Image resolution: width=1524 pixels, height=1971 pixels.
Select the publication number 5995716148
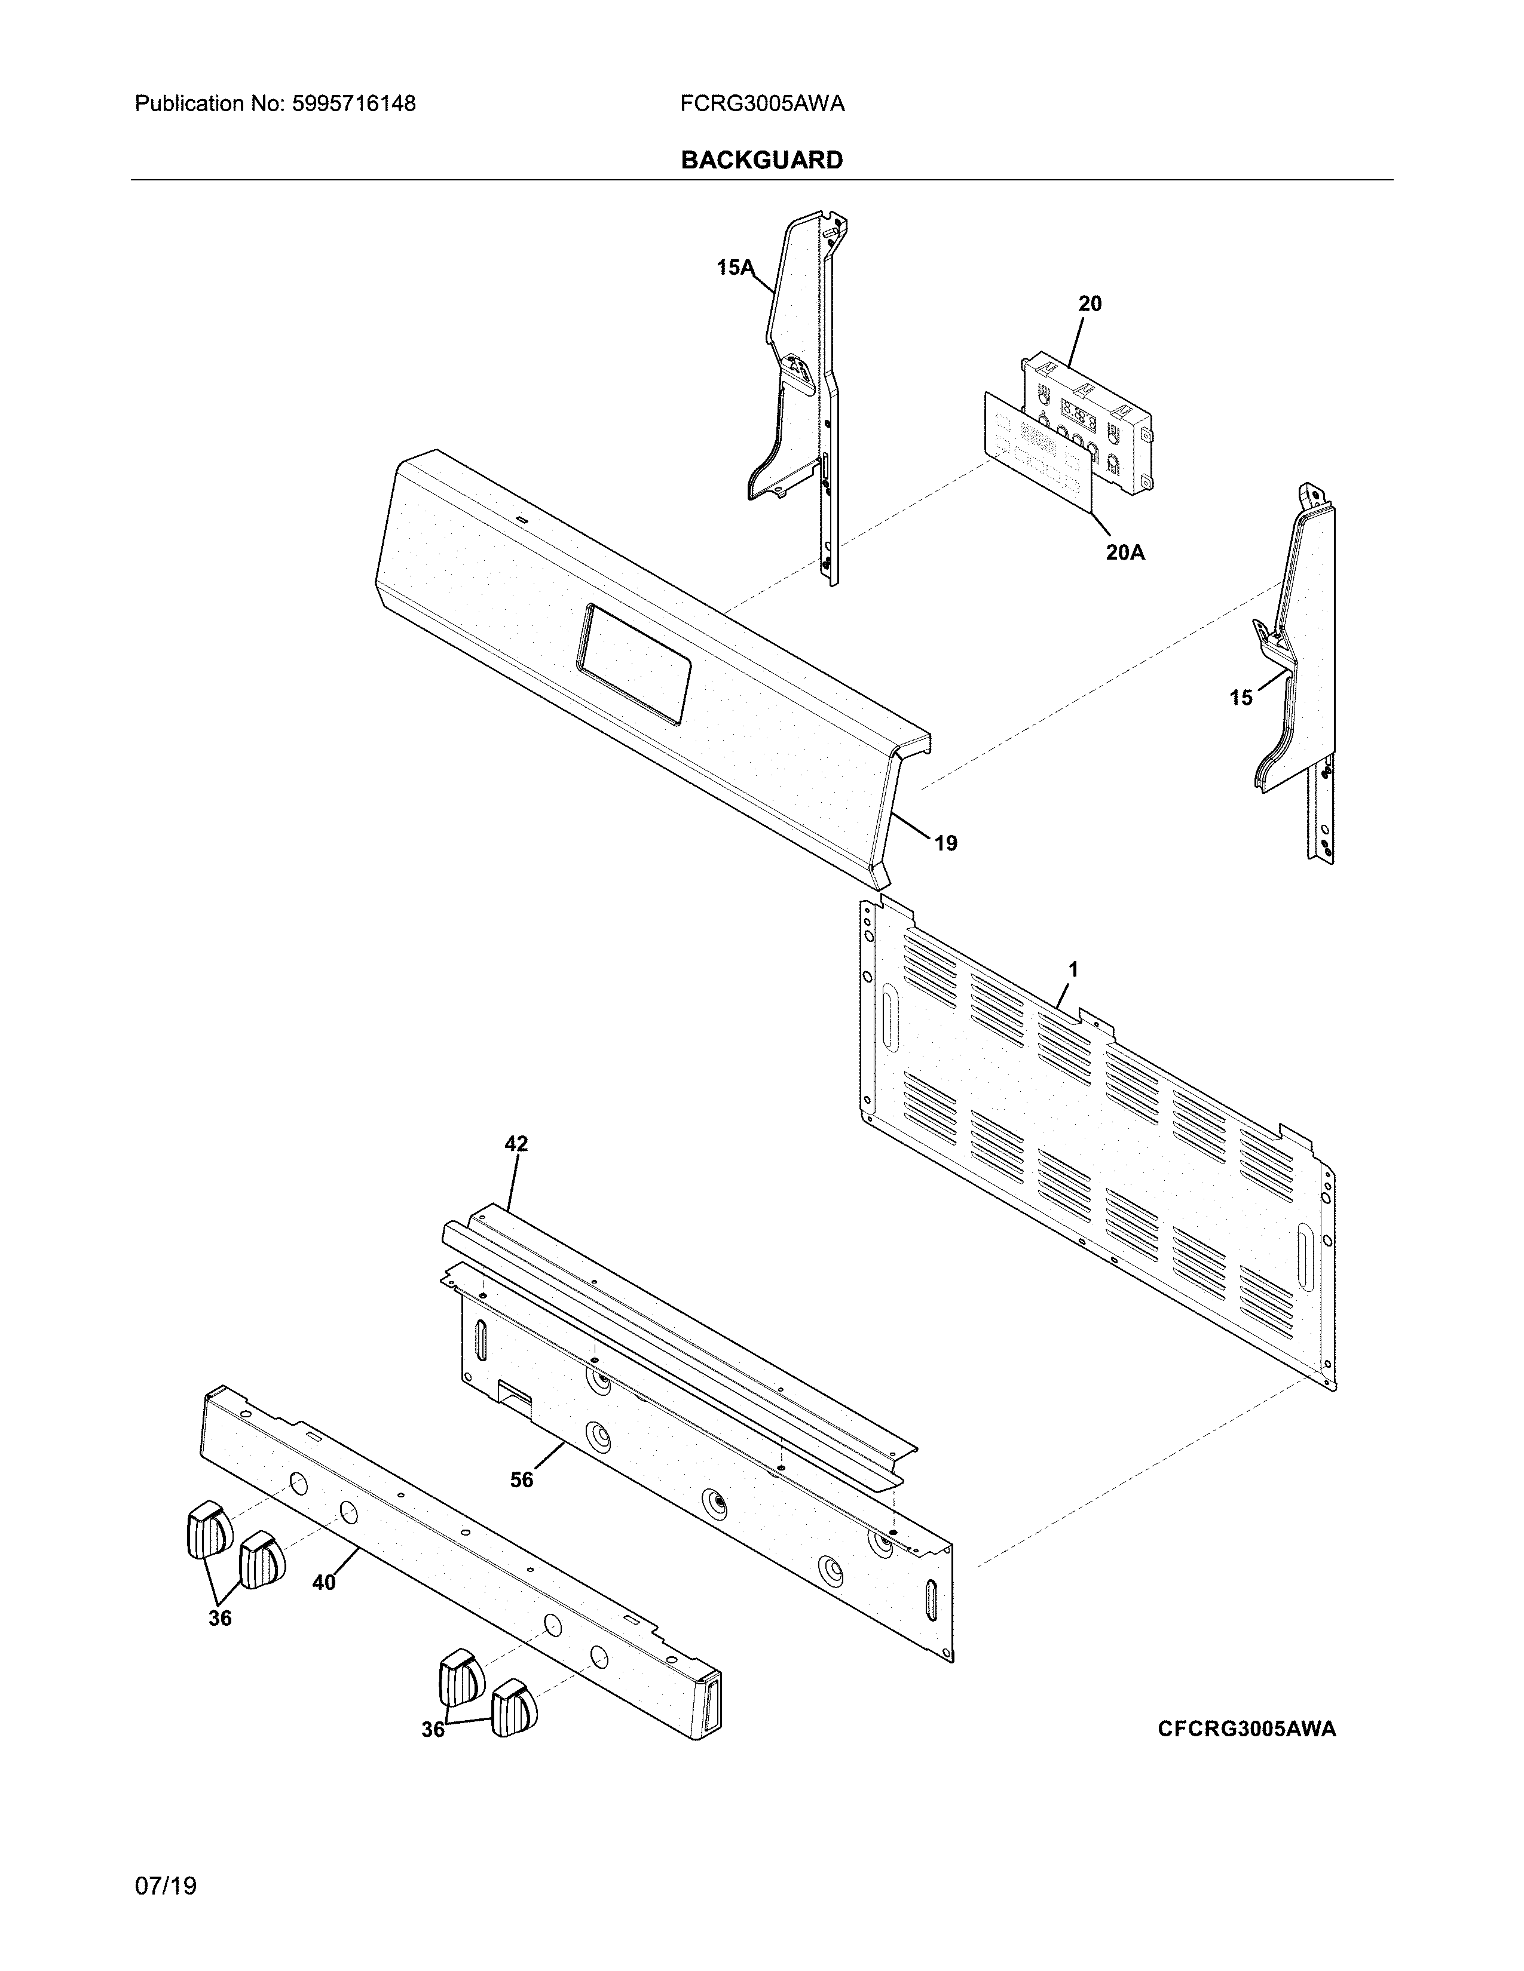pyautogui.click(x=353, y=105)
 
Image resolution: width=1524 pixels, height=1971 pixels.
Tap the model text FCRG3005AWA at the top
pyautogui.click(x=762, y=105)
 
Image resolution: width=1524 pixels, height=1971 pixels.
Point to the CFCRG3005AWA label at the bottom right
pyautogui.click(x=1247, y=1729)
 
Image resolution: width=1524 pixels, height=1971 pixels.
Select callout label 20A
pyautogui.click(x=1125, y=552)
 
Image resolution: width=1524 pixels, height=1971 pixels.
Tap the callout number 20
pyautogui.click(x=1090, y=304)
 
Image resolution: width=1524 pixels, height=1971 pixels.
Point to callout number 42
pyautogui.click(x=516, y=1144)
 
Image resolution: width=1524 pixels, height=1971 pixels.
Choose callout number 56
pyautogui.click(x=522, y=1480)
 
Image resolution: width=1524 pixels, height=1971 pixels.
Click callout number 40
pyautogui.click(x=323, y=1582)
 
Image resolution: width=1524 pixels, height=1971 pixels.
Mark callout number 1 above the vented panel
pyautogui.click(x=1073, y=969)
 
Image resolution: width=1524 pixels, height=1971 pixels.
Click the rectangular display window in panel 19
pyautogui.click(x=634, y=664)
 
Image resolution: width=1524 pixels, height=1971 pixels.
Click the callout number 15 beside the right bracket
pyautogui.click(x=1241, y=698)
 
